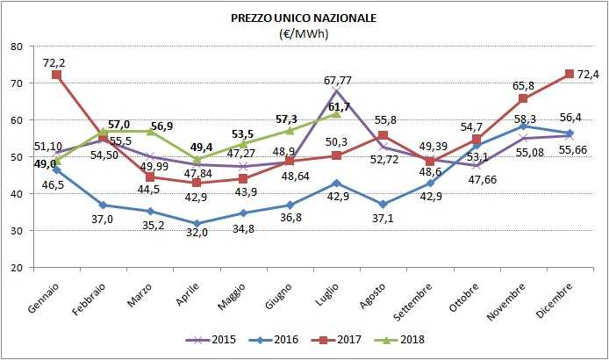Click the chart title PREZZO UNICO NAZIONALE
point(304,17)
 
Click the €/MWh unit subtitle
point(304,33)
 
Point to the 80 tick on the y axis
point(17,47)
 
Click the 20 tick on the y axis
point(17,268)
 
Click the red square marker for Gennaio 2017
point(57,76)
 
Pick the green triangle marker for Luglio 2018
point(337,114)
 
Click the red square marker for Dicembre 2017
point(570,74)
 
